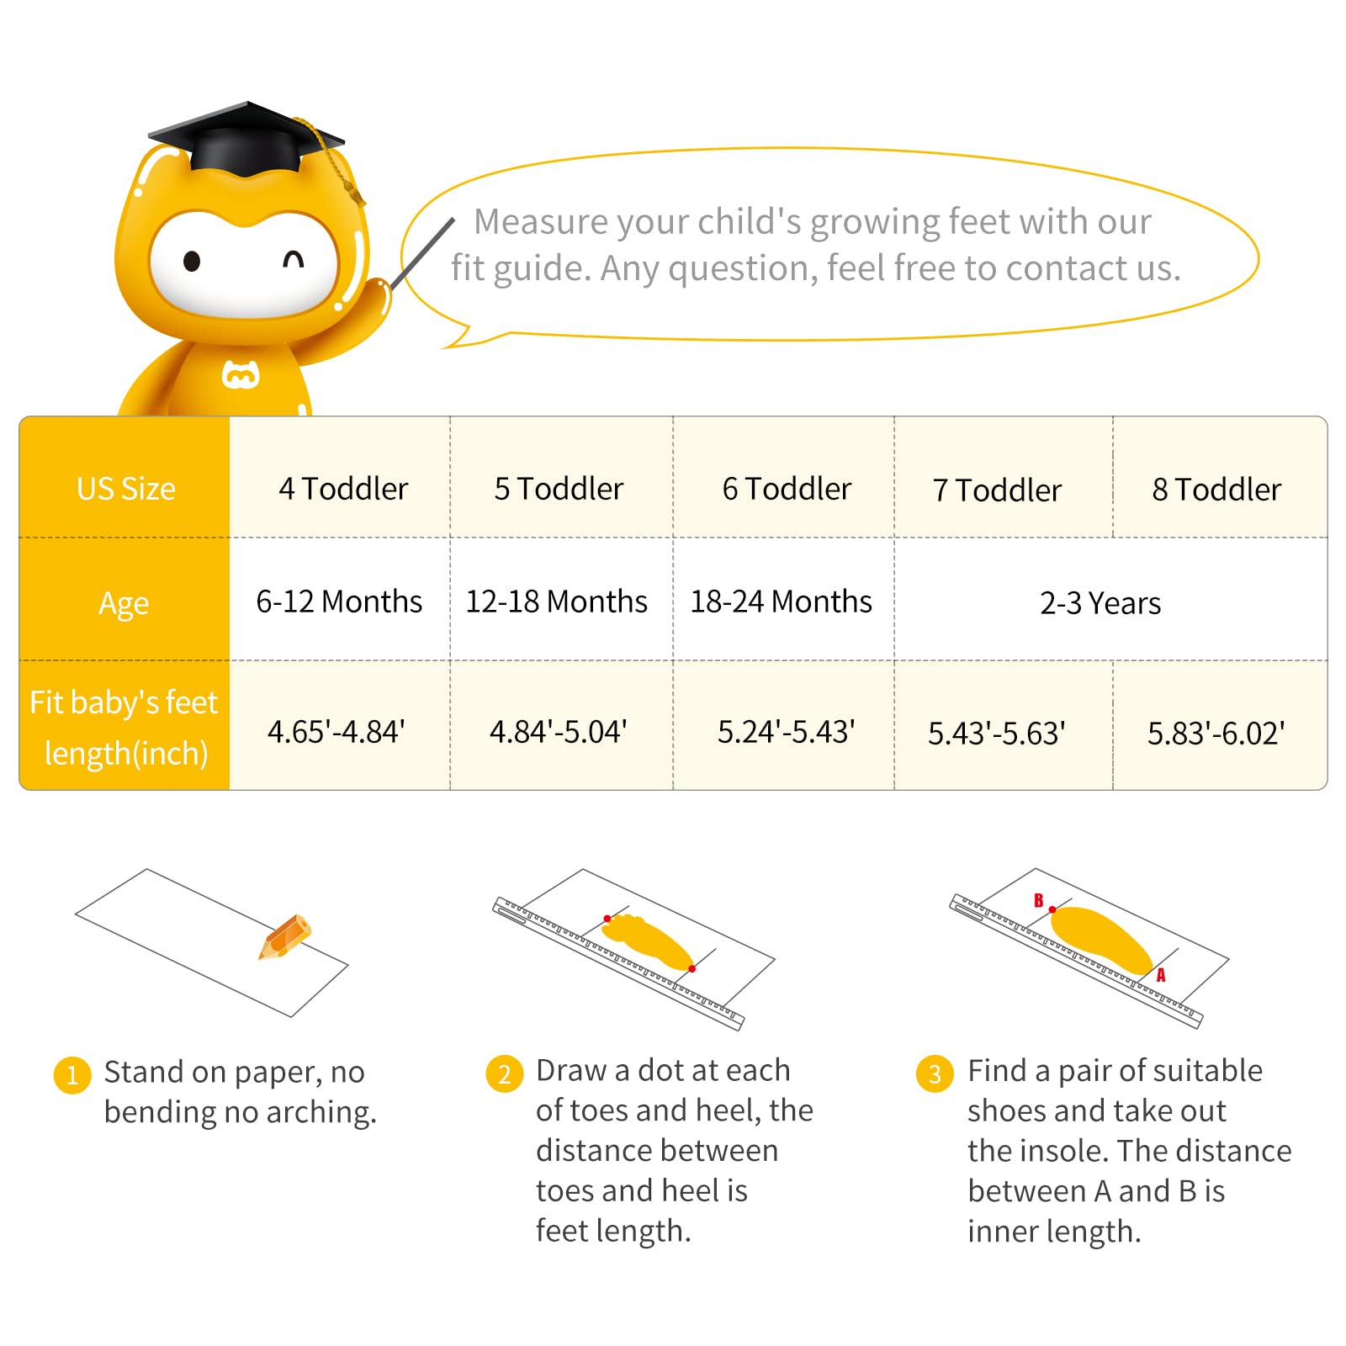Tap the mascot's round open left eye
point(192,262)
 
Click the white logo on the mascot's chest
point(241,374)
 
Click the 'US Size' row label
point(126,489)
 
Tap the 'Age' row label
point(124,604)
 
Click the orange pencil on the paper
point(285,936)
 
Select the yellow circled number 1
point(72,1075)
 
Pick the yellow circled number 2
point(505,1073)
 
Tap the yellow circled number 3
point(935,1073)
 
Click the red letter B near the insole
point(1039,900)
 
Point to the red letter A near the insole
point(1161,975)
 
